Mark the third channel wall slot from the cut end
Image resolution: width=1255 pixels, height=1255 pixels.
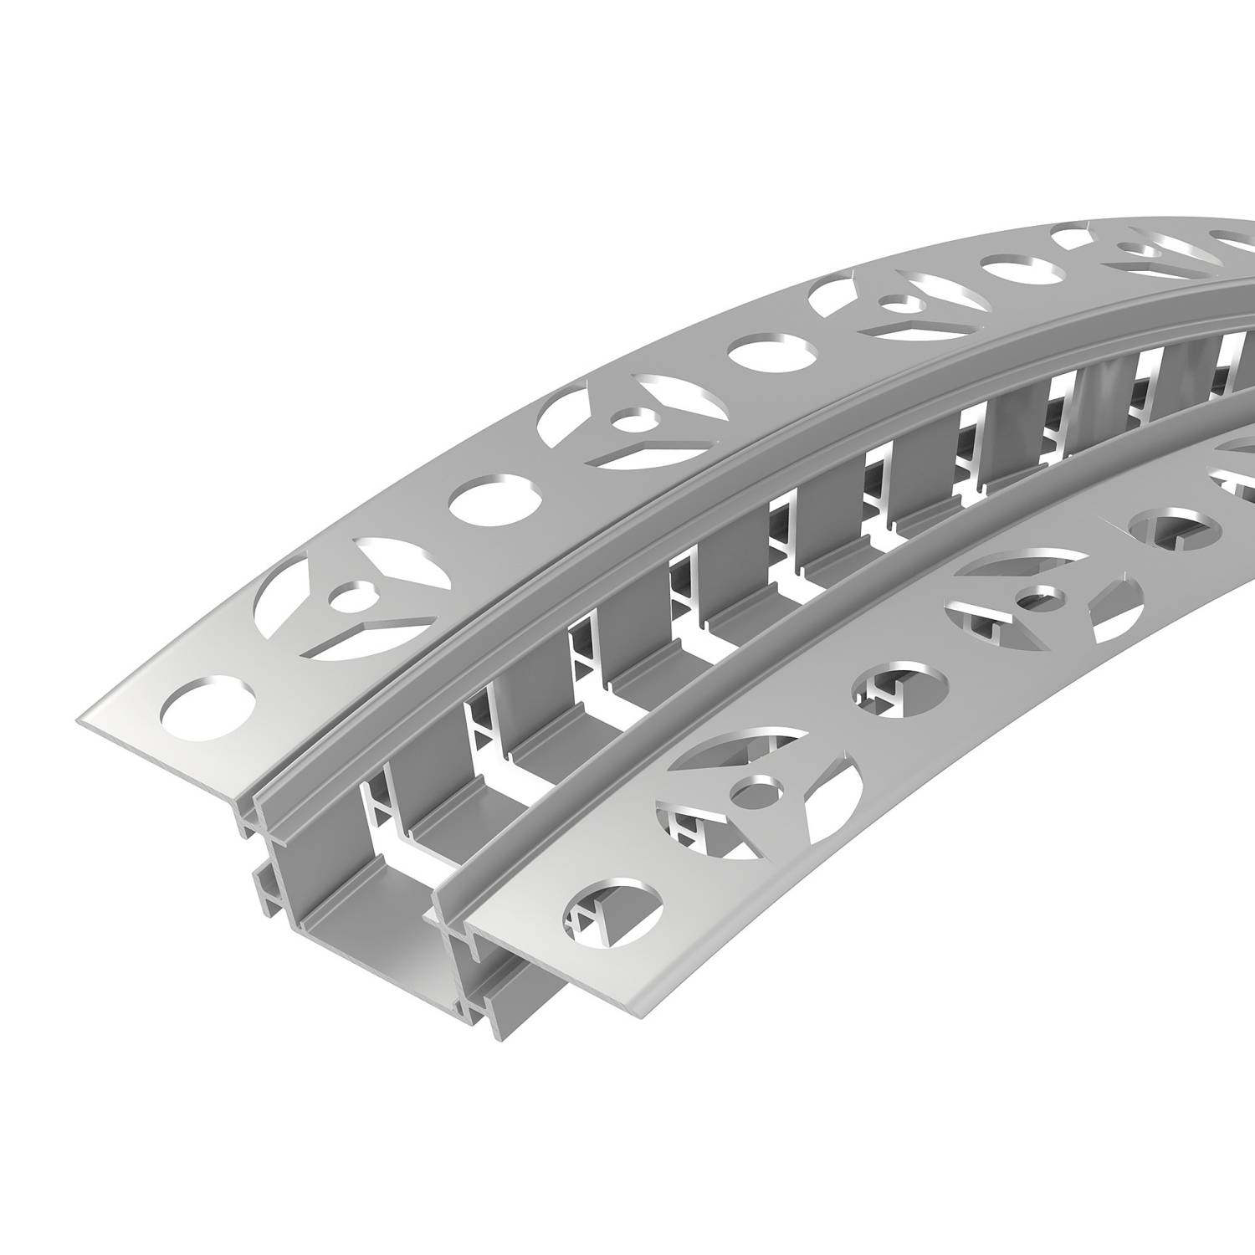pos(577,661)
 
